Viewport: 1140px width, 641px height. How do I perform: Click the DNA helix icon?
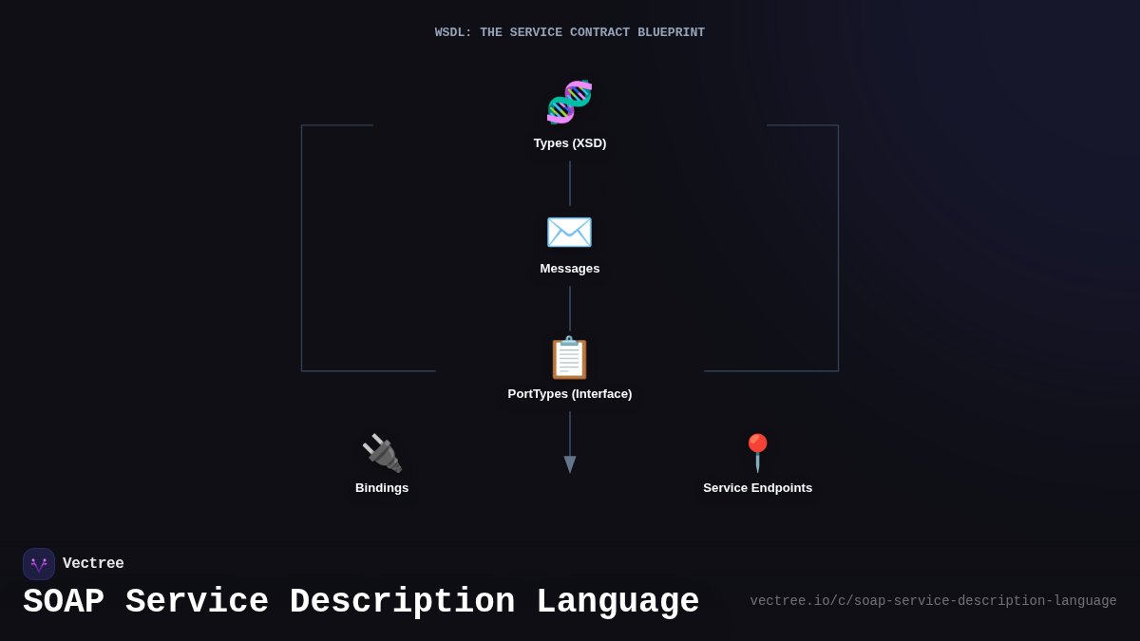569,103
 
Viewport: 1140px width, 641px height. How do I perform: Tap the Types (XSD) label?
570,143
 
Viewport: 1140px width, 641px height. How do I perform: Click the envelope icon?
569,233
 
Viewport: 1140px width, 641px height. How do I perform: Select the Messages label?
570,269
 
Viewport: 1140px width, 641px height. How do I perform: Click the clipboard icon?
569,358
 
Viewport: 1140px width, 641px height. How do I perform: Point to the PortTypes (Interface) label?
570,394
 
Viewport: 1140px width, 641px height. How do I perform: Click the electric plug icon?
382,453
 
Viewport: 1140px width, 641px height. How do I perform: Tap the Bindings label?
382,488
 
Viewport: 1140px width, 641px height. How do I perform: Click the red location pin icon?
757,453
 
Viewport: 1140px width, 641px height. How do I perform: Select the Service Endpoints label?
757,488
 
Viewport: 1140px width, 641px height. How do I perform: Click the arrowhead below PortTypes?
570,464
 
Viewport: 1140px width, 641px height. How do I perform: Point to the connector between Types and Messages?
570,183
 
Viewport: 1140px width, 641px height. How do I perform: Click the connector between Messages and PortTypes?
570,309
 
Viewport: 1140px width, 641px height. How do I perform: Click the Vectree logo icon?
39,564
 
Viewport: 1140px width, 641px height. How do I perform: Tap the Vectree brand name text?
93,564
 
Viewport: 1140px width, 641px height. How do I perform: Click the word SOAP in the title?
64,602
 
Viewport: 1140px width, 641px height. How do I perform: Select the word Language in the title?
617,602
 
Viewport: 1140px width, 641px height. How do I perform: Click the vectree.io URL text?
933,601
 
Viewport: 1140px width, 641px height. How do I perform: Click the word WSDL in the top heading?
453,33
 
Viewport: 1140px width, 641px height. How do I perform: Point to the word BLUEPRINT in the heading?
671,33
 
